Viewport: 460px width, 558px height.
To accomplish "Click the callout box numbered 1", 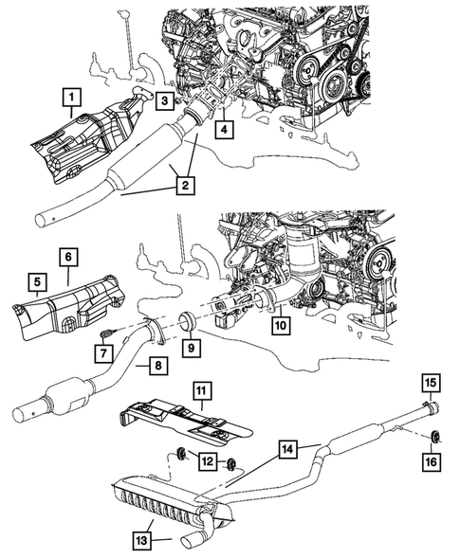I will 70,96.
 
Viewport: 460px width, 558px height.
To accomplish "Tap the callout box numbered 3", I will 164,100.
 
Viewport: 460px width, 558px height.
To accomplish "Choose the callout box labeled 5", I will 36,281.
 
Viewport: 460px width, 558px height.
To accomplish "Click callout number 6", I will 69,255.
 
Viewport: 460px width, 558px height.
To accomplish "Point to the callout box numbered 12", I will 205,460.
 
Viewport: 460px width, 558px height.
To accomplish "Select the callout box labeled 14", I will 285,447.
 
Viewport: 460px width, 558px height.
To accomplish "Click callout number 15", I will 431,382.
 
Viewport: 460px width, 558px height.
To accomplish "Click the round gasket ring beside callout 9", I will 188,319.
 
